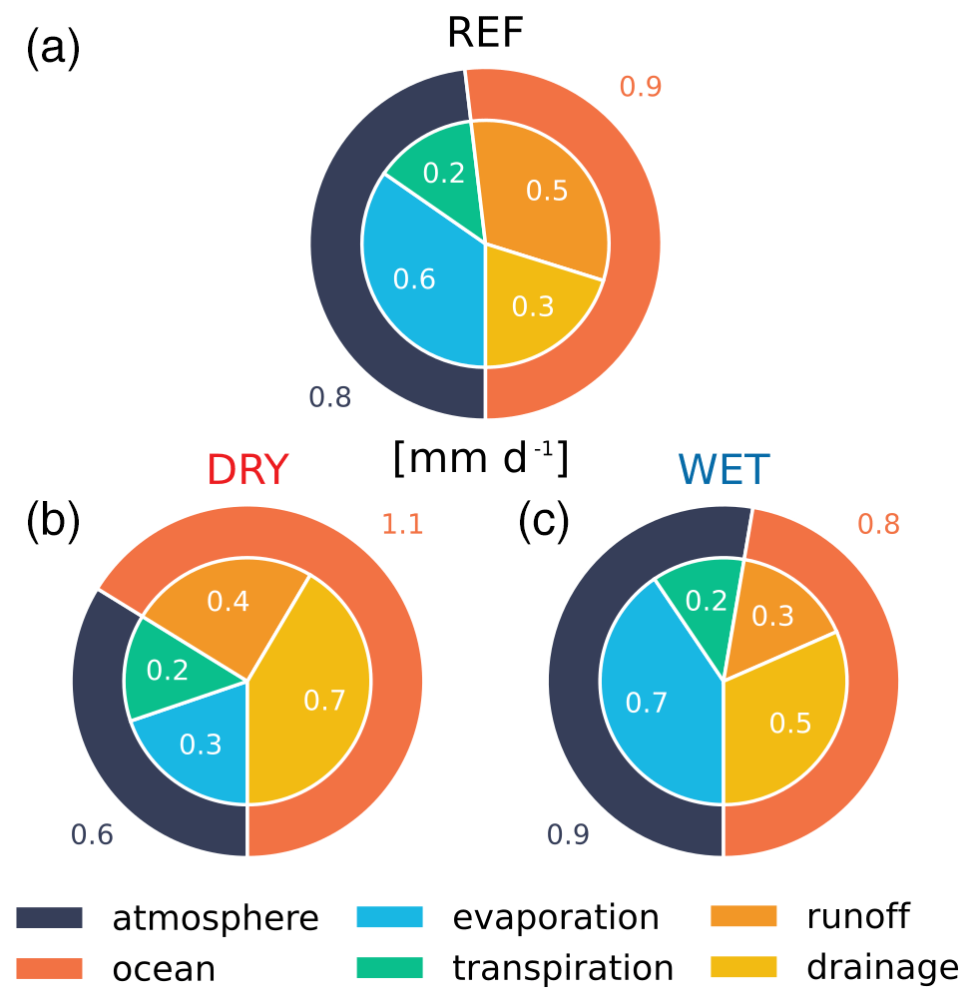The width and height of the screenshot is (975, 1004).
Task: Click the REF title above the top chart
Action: pyautogui.click(x=485, y=32)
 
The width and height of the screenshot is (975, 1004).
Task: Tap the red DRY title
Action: pyautogui.click(x=247, y=469)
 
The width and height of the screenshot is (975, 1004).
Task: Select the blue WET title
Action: pyautogui.click(x=725, y=469)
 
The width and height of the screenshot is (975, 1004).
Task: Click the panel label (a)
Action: pyautogui.click(x=52, y=48)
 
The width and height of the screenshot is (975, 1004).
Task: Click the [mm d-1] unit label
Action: pyautogui.click(x=480, y=458)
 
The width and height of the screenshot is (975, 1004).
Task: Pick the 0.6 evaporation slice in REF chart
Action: pyautogui.click(x=414, y=279)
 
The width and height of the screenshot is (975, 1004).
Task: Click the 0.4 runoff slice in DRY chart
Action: pyautogui.click(x=228, y=603)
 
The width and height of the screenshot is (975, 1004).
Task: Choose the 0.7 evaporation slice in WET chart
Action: pyautogui.click(x=647, y=703)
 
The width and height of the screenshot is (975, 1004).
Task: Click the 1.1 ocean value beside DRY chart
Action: pyautogui.click(x=403, y=523)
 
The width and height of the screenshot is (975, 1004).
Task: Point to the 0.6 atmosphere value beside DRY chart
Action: pyautogui.click(x=92, y=833)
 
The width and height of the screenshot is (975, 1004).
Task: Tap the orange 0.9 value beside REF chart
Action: pyautogui.click(x=641, y=87)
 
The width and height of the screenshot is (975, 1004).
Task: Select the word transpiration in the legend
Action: pyautogui.click(x=563, y=968)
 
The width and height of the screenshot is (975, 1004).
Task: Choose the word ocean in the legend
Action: pyautogui.click(x=164, y=968)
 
